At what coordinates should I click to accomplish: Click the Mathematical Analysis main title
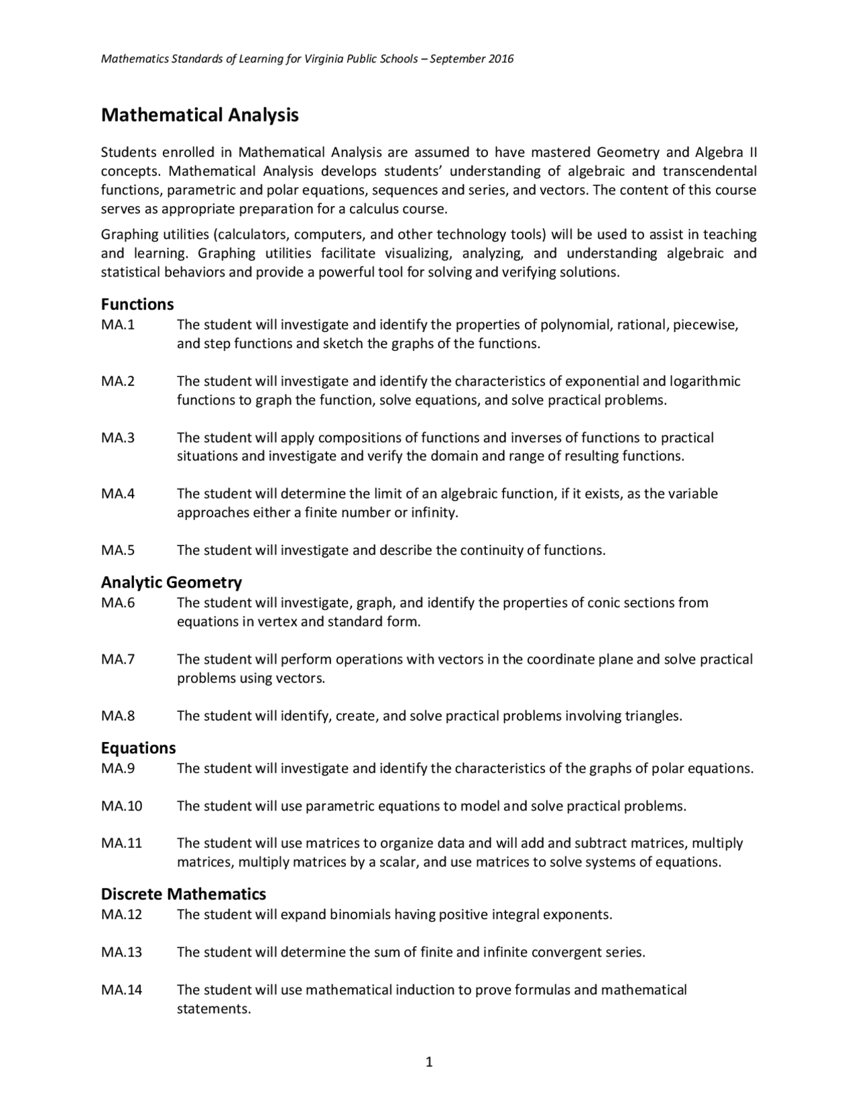click(199, 115)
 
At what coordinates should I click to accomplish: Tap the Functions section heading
click(137, 304)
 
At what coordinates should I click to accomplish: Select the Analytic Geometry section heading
click(171, 582)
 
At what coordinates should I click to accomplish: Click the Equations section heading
click(138, 747)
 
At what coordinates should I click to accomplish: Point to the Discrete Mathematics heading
click(183, 894)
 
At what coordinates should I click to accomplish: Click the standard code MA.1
click(118, 325)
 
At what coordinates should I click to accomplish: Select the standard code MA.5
click(118, 550)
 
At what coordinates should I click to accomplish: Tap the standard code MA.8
click(118, 716)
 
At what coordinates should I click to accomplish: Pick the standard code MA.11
click(121, 843)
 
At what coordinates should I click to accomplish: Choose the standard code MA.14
click(121, 990)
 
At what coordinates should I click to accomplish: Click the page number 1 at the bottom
click(429, 1061)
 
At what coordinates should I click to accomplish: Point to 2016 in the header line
click(501, 59)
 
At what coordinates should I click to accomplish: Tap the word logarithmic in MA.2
click(704, 382)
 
